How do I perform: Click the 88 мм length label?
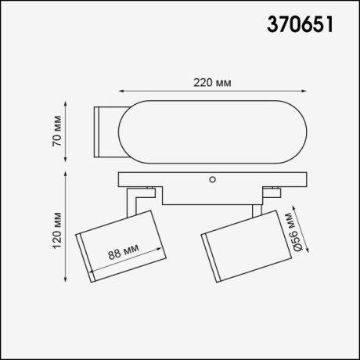(124, 253)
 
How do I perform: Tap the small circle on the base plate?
(211, 180)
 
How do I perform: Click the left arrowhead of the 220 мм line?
(121, 92)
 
